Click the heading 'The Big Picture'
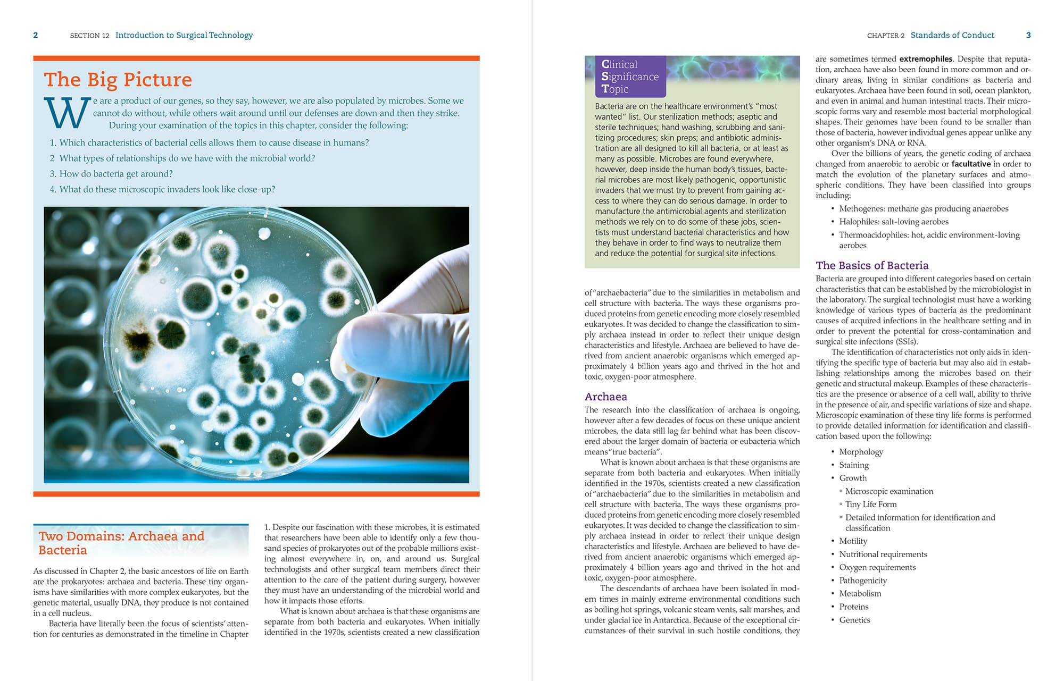point(118,80)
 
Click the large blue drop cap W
point(66,113)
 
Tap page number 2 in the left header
point(36,35)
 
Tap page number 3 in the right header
point(1028,35)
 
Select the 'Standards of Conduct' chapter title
point(952,35)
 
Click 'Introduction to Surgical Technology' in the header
point(184,35)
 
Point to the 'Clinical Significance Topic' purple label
point(630,77)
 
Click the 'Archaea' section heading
point(605,397)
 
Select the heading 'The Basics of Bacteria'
point(872,265)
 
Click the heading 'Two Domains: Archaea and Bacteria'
point(121,543)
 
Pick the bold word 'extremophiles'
point(926,59)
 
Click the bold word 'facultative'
point(971,164)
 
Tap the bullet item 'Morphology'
point(861,452)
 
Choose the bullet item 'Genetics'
point(854,620)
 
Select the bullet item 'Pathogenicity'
point(863,581)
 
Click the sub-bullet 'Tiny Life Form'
point(871,504)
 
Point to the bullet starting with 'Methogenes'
point(924,208)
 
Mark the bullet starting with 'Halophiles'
point(894,222)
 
